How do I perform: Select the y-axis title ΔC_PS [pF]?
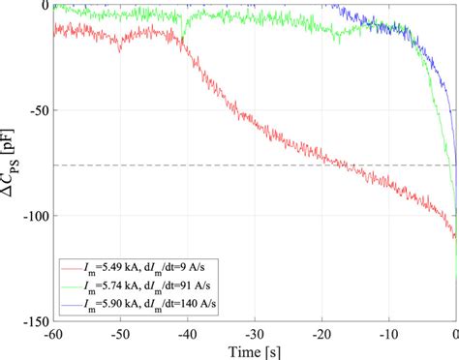12,163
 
